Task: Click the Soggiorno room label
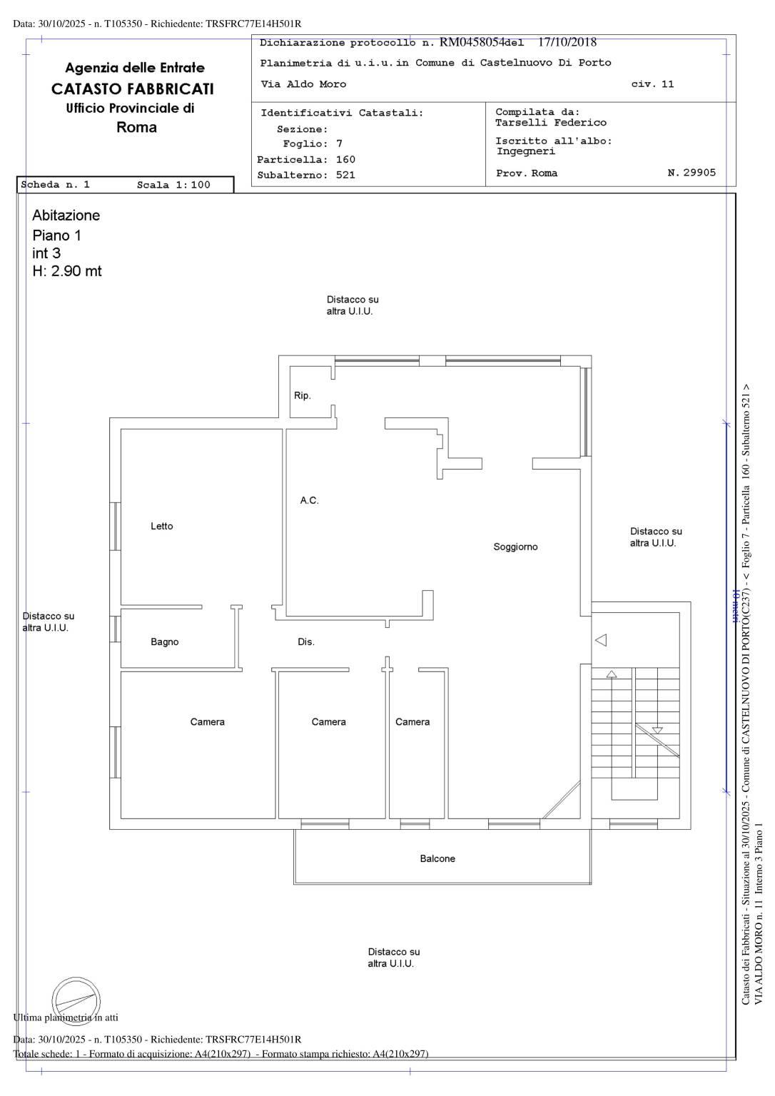point(515,547)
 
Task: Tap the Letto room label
point(161,526)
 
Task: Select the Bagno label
point(164,642)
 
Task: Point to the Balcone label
point(437,858)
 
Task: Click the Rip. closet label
point(303,395)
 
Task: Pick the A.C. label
point(309,500)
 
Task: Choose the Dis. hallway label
point(306,642)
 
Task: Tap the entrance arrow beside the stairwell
point(601,639)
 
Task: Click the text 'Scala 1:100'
point(173,185)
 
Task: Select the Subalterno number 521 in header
point(345,175)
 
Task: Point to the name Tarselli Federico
point(550,123)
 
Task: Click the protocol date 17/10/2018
point(567,42)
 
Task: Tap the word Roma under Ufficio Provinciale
point(136,128)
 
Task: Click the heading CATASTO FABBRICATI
point(133,89)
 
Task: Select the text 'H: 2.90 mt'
point(67,271)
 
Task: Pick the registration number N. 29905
point(692,173)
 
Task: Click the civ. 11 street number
point(652,84)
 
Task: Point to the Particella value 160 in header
point(345,160)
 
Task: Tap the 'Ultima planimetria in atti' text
point(66,1018)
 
